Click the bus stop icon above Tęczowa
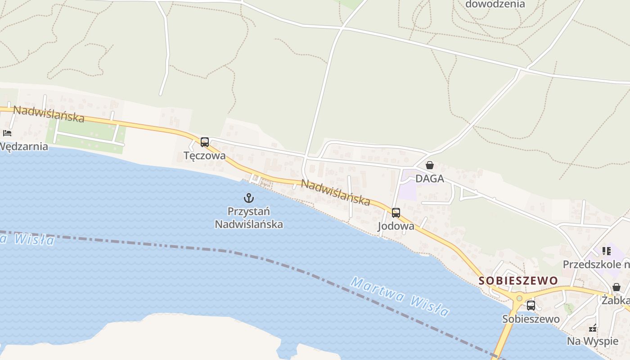click(204, 142)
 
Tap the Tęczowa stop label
click(204, 156)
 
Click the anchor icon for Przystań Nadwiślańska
click(249, 198)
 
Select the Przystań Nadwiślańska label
click(249, 217)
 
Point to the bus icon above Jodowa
click(396, 213)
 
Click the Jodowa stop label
click(396, 226)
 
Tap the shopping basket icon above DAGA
click(430, 165)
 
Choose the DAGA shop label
click(429, 179)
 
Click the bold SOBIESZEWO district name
click(518, 281)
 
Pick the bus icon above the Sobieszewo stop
click(531, 306)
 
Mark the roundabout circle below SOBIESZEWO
click(519, 298)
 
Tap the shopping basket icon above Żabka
click(616, 287)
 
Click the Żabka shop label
click(616, 300)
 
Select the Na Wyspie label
click(592, 341)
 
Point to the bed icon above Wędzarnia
click(7, 133)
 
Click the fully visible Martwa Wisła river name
click(400, 297)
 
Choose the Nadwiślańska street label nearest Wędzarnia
click(49, 114)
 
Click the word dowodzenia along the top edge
click(495, 4)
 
